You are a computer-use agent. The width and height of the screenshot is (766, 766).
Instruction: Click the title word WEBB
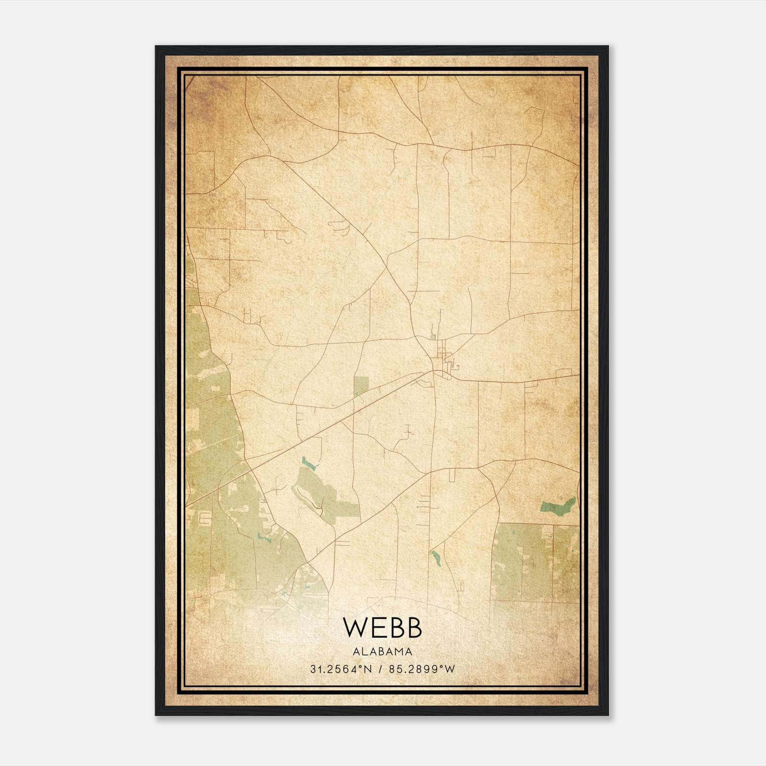383,628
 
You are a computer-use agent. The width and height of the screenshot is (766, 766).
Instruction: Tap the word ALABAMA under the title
383,651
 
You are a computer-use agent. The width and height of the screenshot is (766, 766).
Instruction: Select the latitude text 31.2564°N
341,669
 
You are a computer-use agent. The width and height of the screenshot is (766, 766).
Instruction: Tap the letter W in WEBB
355,628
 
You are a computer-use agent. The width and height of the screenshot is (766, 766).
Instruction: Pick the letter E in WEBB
378,628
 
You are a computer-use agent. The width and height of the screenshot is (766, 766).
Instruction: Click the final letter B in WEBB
414,628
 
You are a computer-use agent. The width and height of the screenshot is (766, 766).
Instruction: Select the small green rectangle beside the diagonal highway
361,386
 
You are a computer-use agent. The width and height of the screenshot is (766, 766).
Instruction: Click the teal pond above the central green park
309,463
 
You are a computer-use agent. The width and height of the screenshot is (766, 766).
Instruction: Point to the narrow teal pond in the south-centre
436,558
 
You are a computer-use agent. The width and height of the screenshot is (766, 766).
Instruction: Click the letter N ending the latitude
369,669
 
